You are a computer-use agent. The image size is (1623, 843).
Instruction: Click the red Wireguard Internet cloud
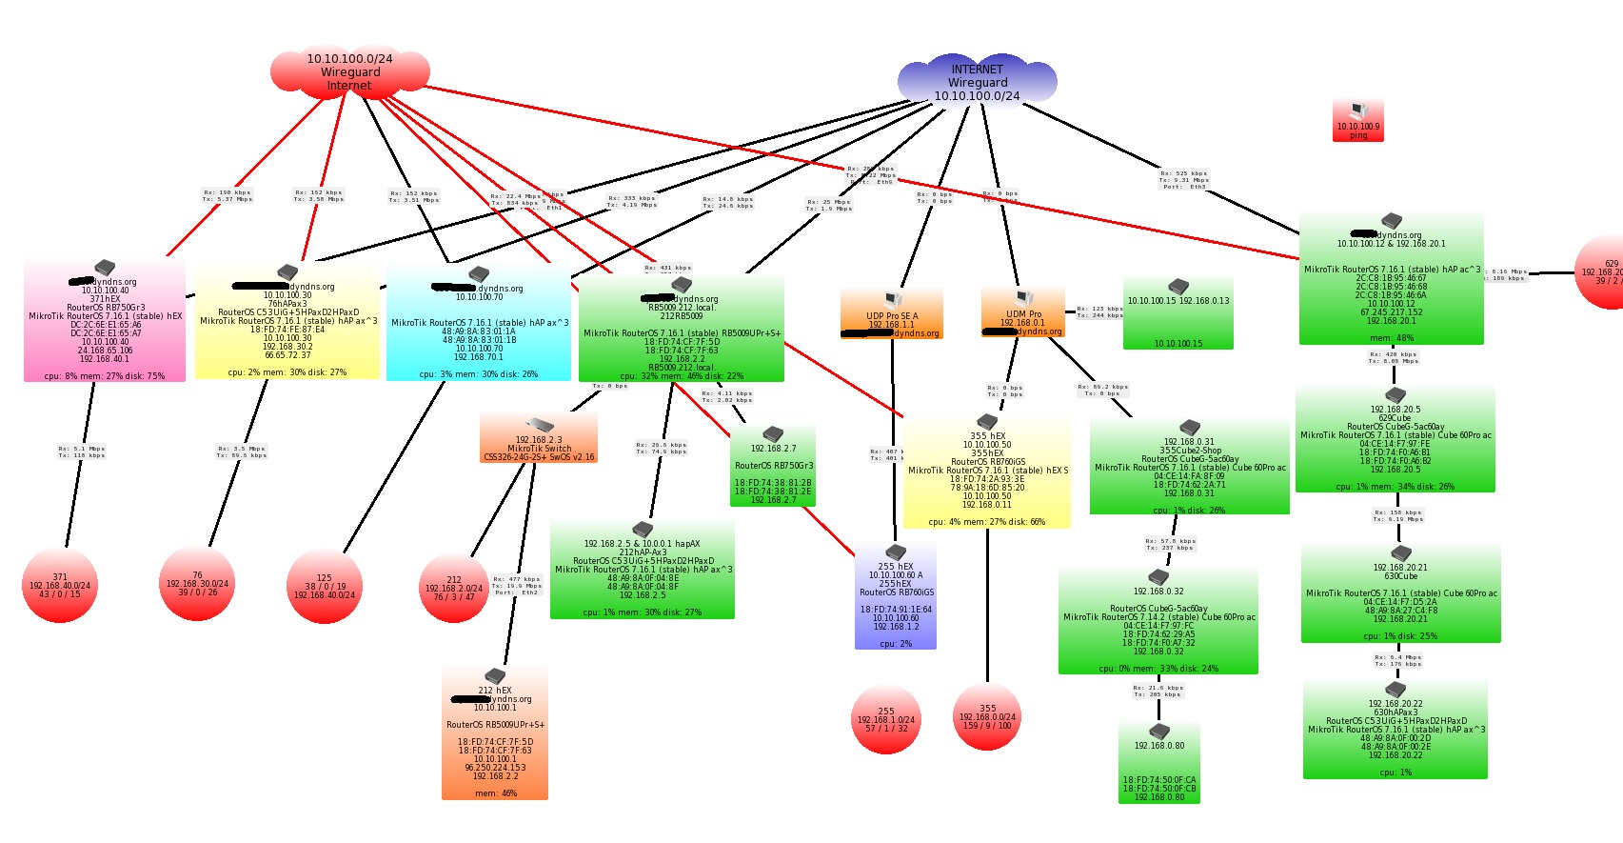point(349,72)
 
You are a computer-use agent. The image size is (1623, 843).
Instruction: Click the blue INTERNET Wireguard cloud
point(977,82)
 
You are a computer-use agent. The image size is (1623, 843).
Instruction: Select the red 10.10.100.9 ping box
point(1357,121)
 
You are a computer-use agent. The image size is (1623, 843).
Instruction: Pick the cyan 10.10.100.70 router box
point(479,329)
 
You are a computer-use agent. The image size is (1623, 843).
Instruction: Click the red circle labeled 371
point(60,585)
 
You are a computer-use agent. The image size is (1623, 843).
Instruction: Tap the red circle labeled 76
point(197,583)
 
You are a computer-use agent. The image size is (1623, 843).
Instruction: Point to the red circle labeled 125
point(325,586)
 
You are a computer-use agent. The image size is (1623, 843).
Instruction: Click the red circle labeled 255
point(886,719)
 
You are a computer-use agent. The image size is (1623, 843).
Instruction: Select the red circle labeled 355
point(987,716)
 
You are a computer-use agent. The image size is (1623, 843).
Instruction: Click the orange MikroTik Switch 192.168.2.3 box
point(539,440)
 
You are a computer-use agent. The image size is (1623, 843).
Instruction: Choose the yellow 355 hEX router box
point(987,472)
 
